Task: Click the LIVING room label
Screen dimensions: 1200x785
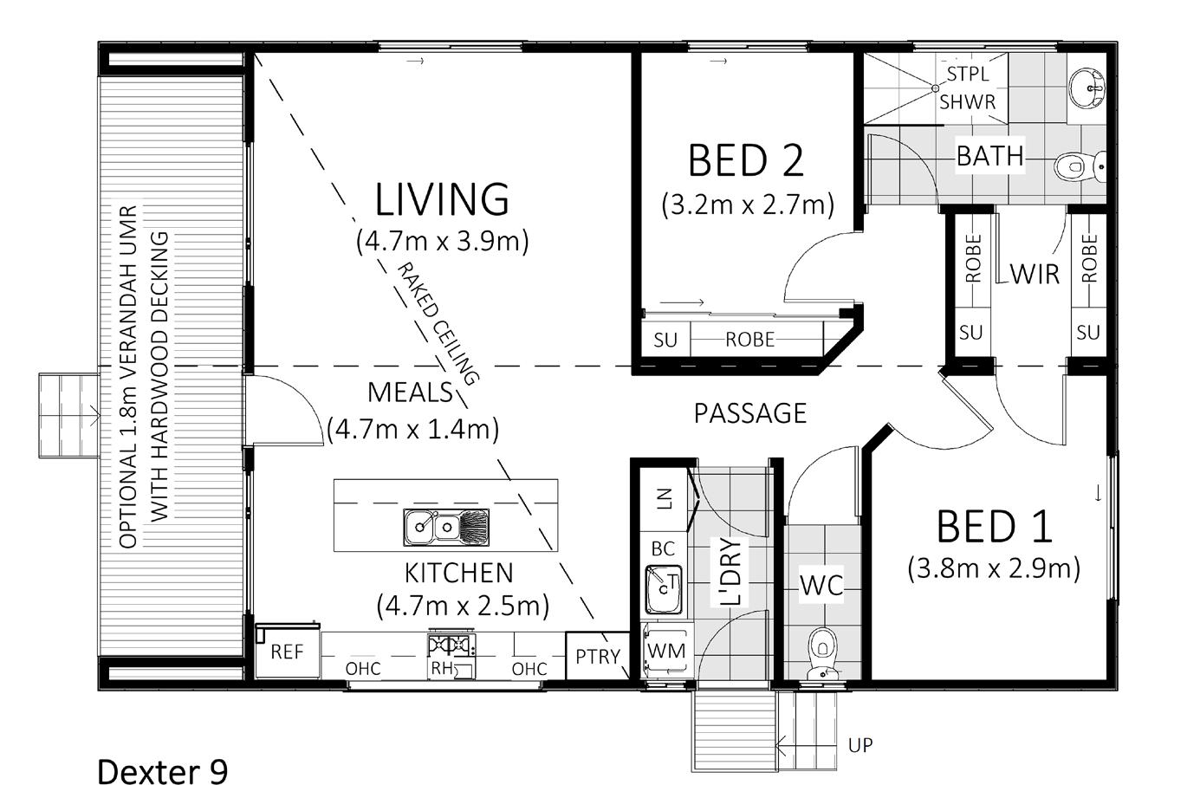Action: point(442,199)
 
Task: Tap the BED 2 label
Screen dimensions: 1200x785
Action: point(746,160)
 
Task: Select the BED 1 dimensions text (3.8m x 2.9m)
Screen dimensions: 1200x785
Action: point(994,568)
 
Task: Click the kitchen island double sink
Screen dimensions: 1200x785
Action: point(445,528)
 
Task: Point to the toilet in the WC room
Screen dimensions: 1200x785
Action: point(822,654)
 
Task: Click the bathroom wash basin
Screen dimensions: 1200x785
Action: point(1086,88)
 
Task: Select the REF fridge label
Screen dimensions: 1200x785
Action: point(287,652)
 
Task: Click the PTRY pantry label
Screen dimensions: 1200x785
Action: point(597,657)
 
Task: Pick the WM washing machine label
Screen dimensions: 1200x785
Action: point(666,651)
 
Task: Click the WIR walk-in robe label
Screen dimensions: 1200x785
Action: point(1035,275)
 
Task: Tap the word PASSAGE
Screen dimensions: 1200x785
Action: point(750,413)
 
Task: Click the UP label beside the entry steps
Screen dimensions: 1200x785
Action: point(860,745)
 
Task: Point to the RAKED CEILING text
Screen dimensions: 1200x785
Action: point(438,324)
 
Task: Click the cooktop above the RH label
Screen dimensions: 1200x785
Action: point(451,645)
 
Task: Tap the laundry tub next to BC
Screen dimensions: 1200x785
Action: point(665,589)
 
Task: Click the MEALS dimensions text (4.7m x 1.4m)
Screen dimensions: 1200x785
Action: point(413,429)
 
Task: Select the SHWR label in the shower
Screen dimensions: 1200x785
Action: point(967,102)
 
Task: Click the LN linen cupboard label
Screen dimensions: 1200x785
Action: point(664,498)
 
